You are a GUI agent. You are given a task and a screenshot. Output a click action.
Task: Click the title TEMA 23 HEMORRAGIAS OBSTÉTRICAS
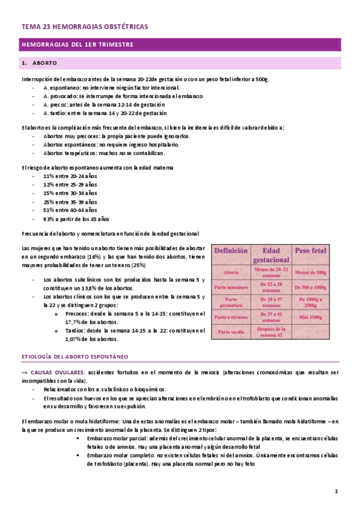(84, 27)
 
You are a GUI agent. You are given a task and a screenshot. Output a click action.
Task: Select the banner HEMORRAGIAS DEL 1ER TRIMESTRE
(77, 45)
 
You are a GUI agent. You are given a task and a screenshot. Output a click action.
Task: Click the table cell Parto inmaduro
(231, 287)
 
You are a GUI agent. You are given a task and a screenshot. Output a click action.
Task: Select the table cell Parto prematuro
(231, 302)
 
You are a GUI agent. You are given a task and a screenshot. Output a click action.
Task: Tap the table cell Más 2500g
(310, 317)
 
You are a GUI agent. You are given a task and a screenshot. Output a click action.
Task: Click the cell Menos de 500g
(310, 272)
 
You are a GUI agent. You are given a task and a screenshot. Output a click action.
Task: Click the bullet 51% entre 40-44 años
(70, 210)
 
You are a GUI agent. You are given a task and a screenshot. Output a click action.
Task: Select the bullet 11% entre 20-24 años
(70, 176)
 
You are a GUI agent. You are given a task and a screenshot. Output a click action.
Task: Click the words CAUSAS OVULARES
(57, 373)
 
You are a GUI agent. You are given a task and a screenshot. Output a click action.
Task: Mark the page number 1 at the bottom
(337, 492)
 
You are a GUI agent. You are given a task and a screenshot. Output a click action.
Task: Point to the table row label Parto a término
(231, 317)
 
